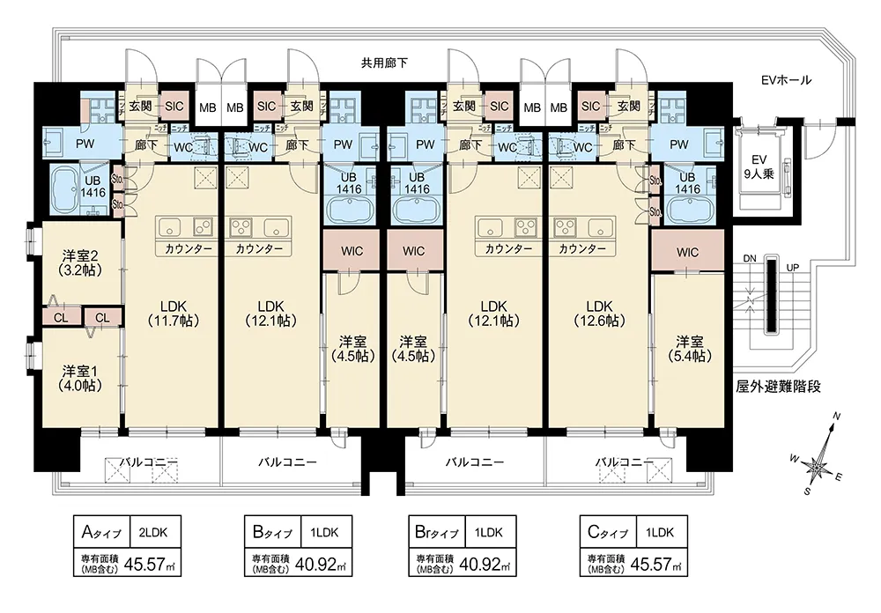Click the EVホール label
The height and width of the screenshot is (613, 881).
click(786, 81)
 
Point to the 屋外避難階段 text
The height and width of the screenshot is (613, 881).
click(778, 387)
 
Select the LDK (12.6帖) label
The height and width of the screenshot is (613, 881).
click(599, 313)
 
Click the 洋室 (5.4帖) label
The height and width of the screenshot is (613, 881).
click(689, 348)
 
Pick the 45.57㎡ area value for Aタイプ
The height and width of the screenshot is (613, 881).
click(147, 564)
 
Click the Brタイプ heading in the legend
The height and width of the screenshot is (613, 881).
click(435, 532)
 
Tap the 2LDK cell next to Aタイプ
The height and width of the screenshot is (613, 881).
click(159, 532)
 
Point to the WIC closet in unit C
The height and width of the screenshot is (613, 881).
click(688, 252)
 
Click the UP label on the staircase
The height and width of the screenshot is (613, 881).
click(792, 268)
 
